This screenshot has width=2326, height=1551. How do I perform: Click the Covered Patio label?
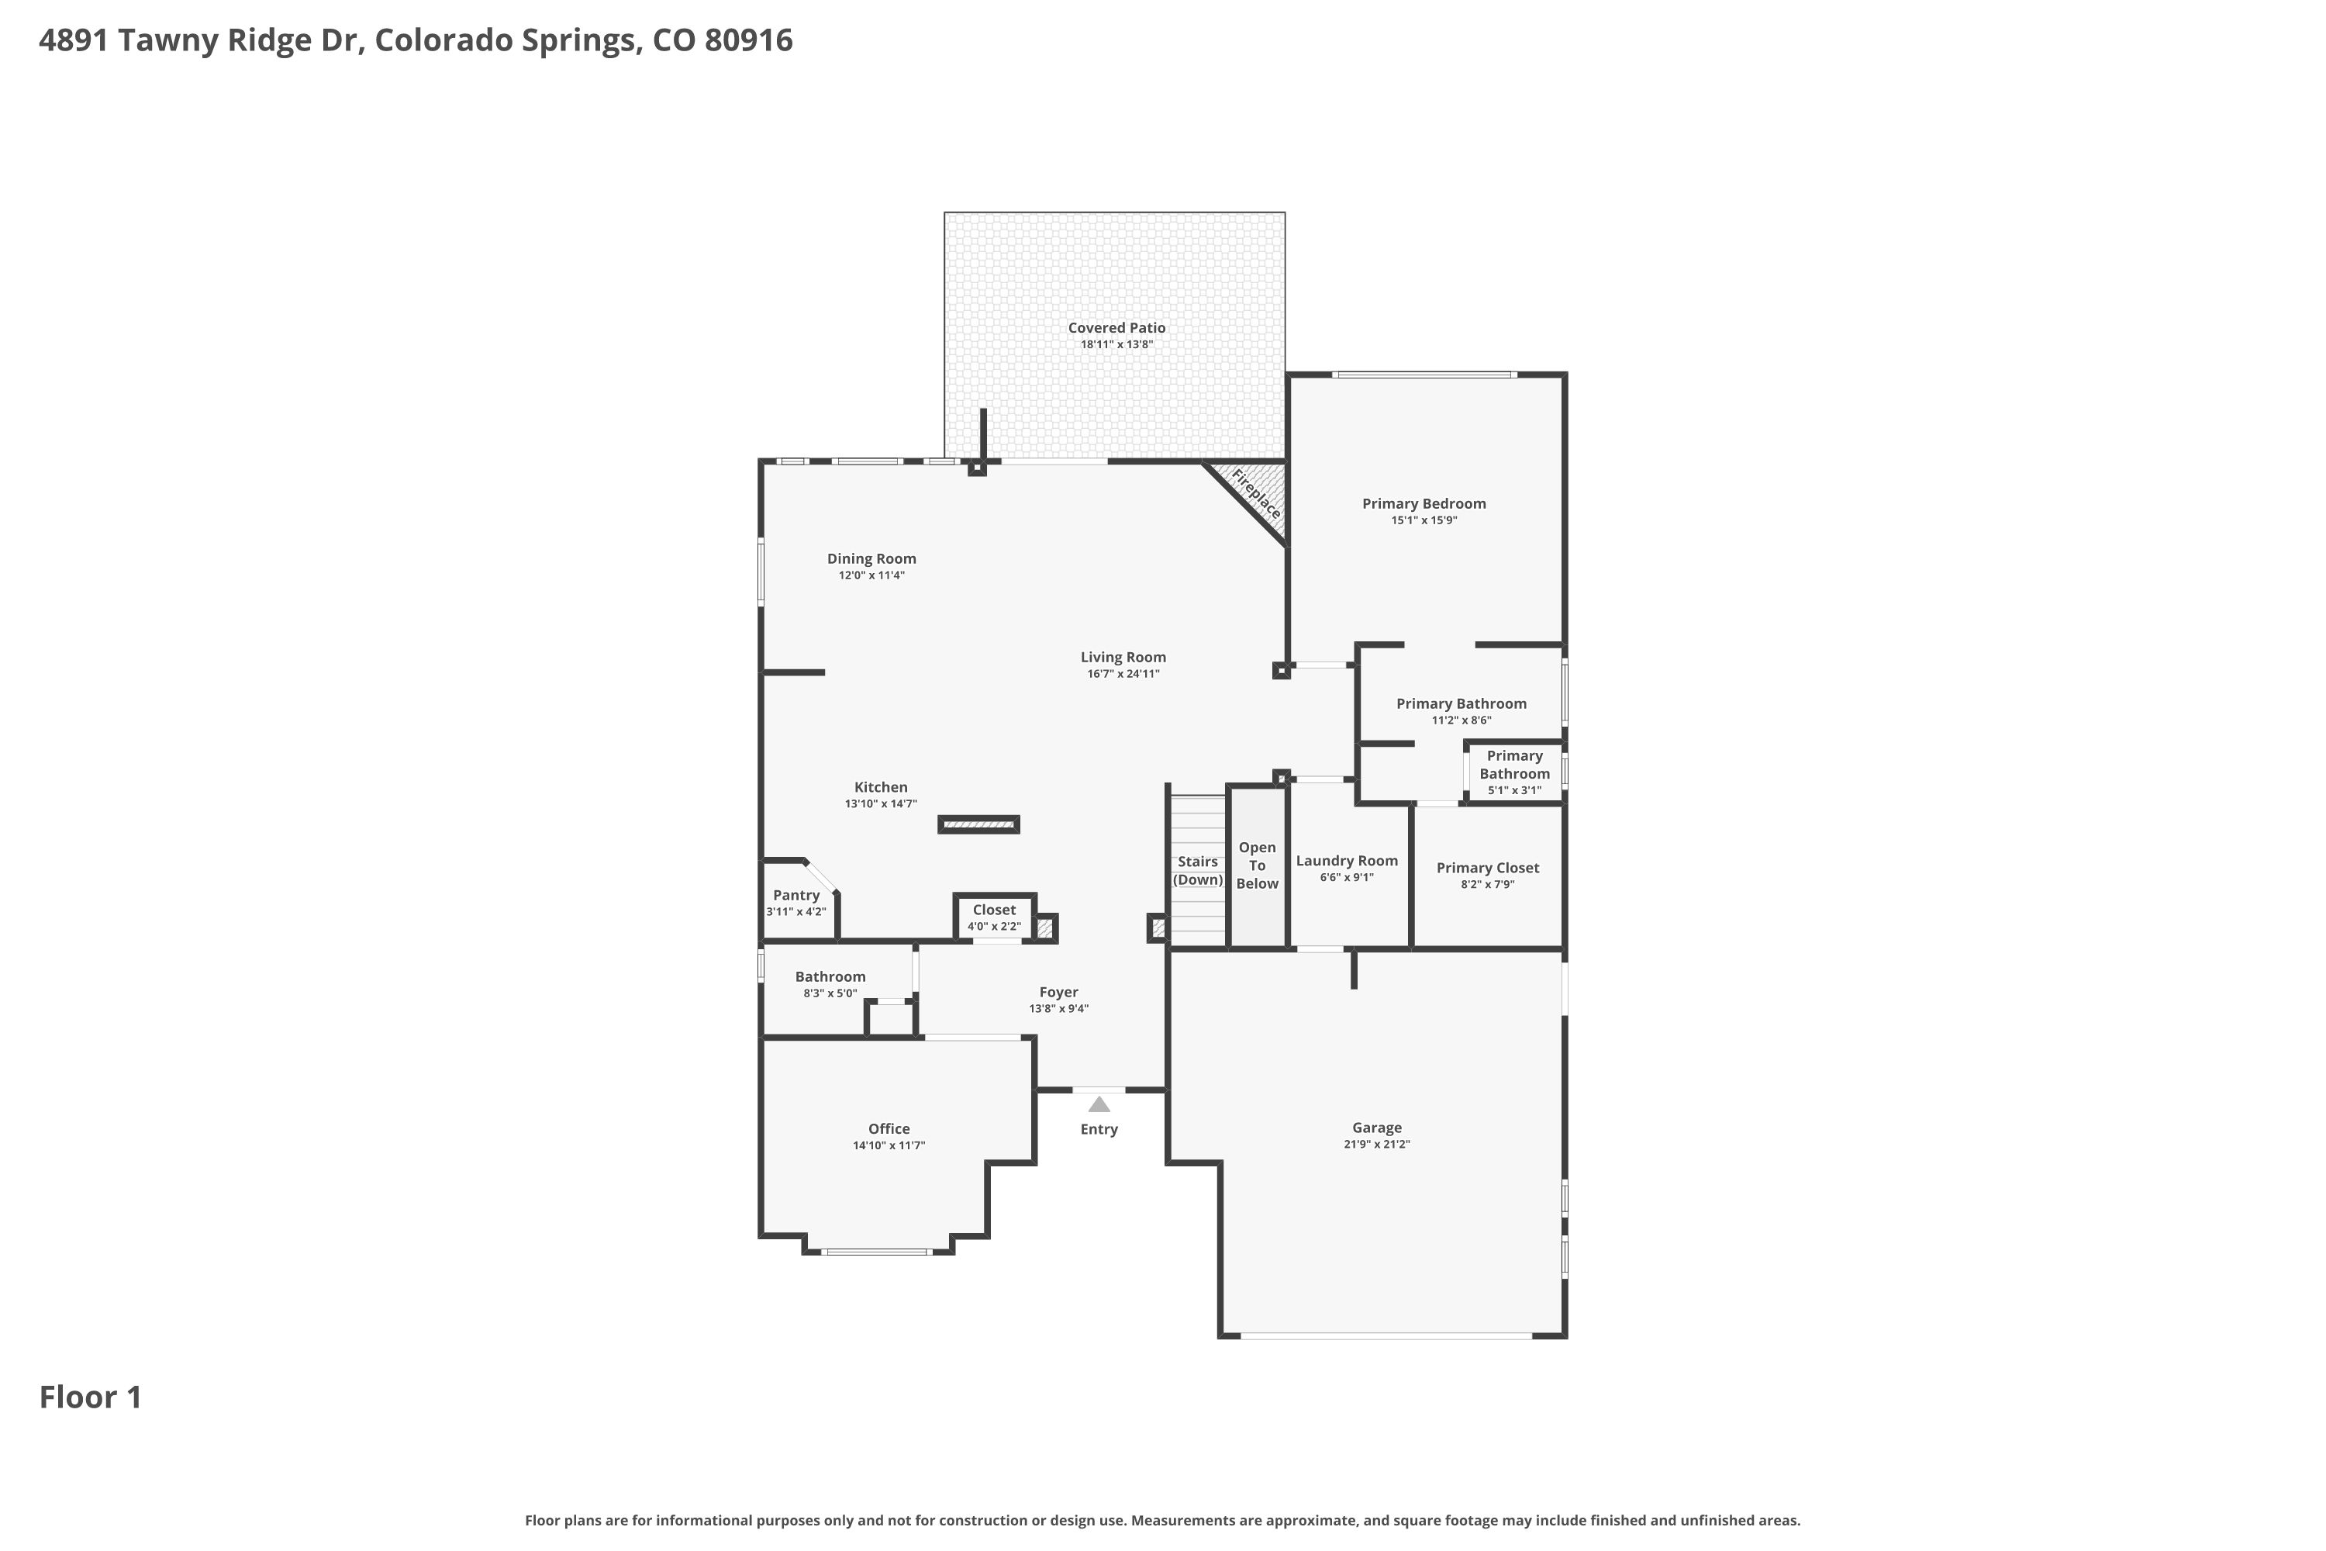(x=1116, y=327)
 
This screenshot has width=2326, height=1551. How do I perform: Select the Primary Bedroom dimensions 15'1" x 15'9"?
(x=1424, y=520)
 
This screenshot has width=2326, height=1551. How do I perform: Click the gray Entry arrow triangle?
(x=1099, y=1104)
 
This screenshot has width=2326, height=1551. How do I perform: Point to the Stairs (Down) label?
(x=1198, y=870)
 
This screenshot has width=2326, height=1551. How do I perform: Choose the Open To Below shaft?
(x=1257, y=866)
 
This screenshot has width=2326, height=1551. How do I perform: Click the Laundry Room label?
(x=1347, y=861)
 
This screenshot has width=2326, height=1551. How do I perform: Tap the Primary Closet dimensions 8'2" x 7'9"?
(x=1487, y=884)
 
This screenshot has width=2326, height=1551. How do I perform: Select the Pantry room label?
(x=796, y=895)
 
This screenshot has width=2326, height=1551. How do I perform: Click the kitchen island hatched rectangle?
(x=979, y=824)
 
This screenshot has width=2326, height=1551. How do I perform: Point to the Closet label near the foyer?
(x=994, y=910)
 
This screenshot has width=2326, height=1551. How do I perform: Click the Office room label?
(x=889, y=1128)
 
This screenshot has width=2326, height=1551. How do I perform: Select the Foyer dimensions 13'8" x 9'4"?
(x=1058, y=1009)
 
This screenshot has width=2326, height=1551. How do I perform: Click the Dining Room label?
(x=871, y=559)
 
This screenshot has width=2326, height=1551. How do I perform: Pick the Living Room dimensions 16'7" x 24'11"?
(x=1123, y=674)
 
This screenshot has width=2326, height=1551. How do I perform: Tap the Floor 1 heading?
(x=91, y=1397)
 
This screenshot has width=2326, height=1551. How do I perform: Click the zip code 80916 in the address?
(x=749, y=40)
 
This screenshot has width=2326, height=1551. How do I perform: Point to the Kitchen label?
(x=880, y=787)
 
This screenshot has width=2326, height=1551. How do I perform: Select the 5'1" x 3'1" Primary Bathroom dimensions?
(x=1514, y=790)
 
